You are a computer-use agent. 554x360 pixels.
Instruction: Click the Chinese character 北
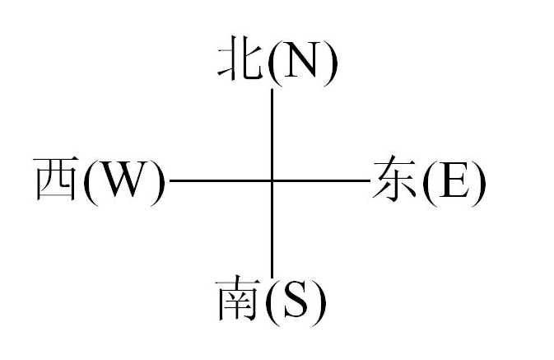pos(240,58)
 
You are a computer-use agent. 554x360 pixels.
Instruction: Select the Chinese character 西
pos(56,179)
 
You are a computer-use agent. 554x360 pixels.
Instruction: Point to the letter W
pos(122,179)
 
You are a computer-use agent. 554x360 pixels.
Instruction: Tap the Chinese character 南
pos(238,299)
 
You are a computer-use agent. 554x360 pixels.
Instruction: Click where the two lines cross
pos(272,180)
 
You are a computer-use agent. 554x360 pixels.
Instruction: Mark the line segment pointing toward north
pos(272,134)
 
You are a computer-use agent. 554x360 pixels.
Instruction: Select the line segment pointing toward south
pos(272,230)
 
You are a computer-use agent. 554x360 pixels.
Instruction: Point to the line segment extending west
pos(221,180)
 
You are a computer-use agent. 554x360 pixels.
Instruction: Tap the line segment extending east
pos(321,180)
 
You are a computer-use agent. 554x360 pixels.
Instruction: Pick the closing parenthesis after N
pos(329,63)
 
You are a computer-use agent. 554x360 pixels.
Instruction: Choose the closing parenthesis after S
pos(318,302)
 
